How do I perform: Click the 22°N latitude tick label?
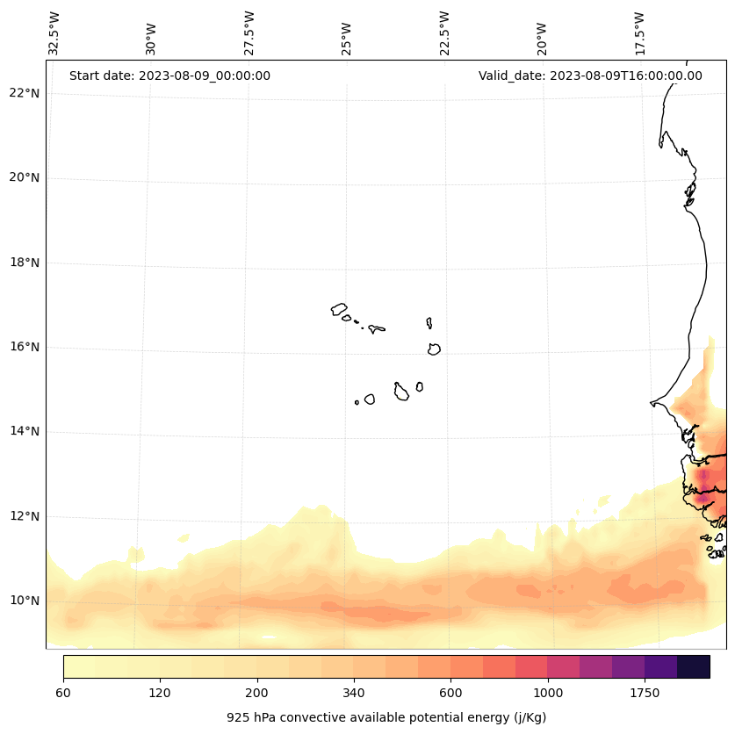coord(24,94)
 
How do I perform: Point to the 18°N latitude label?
coord(24,263)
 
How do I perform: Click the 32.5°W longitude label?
coord(54,33)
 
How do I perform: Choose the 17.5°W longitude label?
coord(639,33)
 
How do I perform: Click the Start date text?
coord(169,76)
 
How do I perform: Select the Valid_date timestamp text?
coord(590,76)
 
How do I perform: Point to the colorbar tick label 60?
coord(63,694)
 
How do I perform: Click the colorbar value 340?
coord(354,694)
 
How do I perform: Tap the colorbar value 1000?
coord(548,694)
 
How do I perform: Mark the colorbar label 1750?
coord(645,694)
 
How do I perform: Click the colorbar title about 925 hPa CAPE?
coord(386,717)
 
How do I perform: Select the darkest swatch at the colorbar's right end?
coord(693,666)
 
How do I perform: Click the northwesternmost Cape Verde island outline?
coord(339,309)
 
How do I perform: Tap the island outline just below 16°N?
coord(434,349)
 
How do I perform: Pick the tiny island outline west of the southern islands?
coord(357,402)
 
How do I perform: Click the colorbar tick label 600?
coord(450,694)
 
